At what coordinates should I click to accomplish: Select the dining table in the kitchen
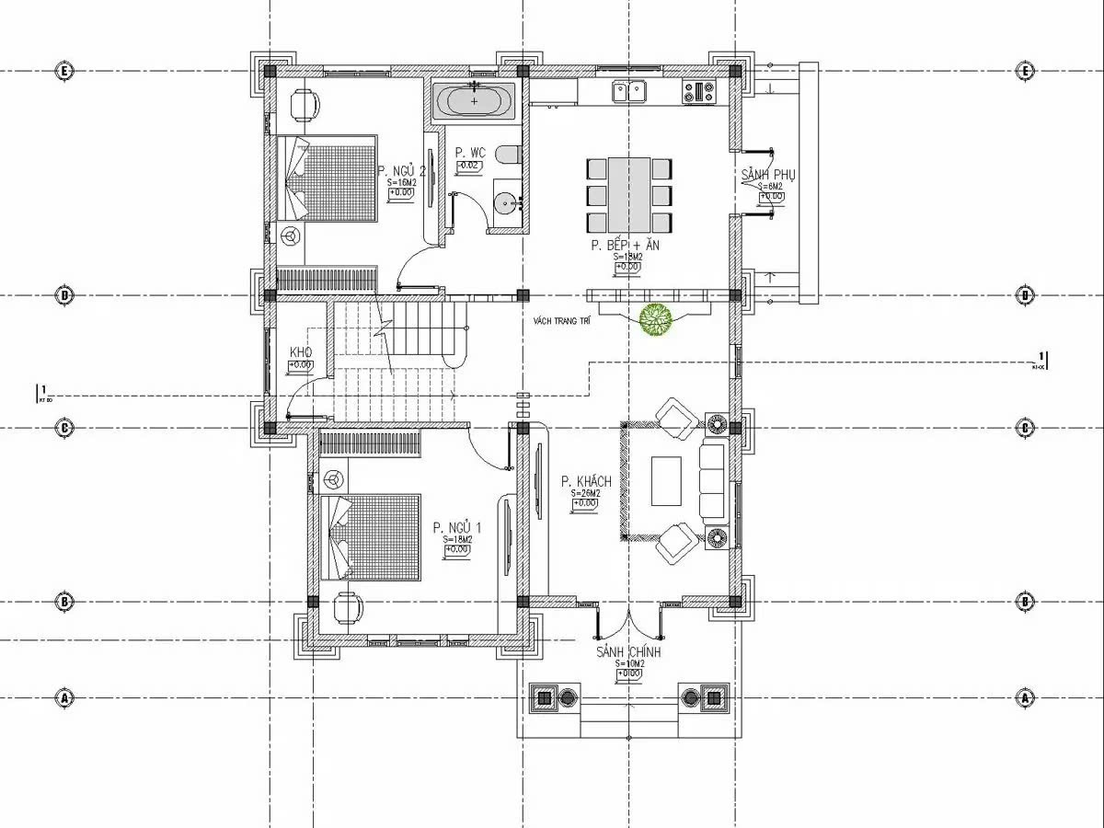[629, 195]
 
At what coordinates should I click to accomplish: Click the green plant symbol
[657, 319]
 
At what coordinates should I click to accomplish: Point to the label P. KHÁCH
[586, 482]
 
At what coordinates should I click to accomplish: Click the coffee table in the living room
[666, 481]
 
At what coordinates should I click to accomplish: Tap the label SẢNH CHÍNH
[628, 652]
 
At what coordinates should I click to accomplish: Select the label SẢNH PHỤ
[768, 175]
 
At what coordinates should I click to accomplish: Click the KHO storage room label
[301, 353]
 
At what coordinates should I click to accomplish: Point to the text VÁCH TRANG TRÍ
[561, 321]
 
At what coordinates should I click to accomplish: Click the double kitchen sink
[627, 90]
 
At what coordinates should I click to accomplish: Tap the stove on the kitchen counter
[698, 90]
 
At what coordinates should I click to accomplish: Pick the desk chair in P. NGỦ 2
[305, 104]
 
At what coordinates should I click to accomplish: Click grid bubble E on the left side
[64, 71]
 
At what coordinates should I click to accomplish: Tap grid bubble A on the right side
[1027, 698]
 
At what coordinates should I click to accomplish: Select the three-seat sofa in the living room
[711, 481]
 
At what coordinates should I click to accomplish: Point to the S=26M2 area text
[586, 494]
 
